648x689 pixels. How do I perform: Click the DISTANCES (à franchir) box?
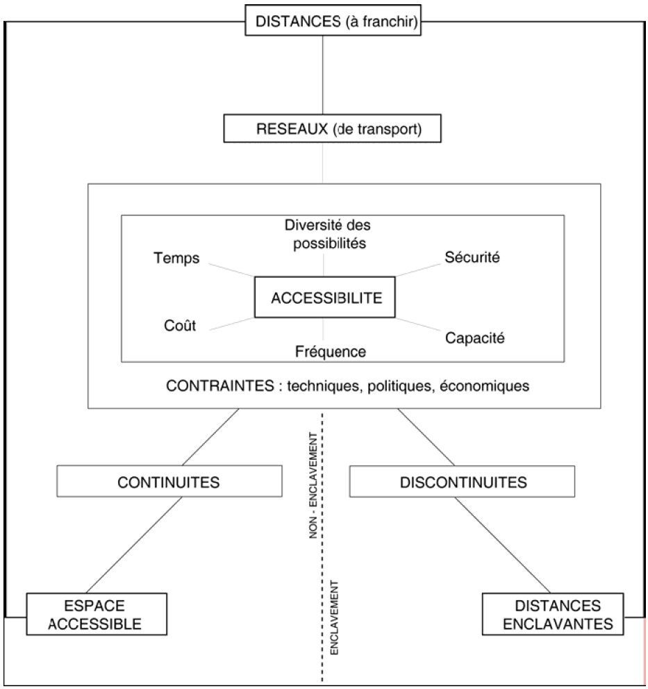(x=335, y=20)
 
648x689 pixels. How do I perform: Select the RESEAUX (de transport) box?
(x=322, y=129)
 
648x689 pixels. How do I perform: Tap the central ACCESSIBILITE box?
(x=326, y=298)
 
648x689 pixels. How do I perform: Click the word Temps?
(x=176, y=258)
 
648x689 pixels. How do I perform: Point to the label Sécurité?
(x=472, y=256)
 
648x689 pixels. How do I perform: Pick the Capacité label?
(x=476, y=338)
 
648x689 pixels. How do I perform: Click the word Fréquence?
(x=329, y=351)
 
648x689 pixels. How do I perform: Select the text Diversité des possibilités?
(x=324, y=235)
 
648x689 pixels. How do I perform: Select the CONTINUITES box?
(x=169, y=481)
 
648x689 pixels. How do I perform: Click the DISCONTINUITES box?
(x=463, y=481)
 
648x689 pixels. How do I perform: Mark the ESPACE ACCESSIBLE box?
(x=97, y=614)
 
